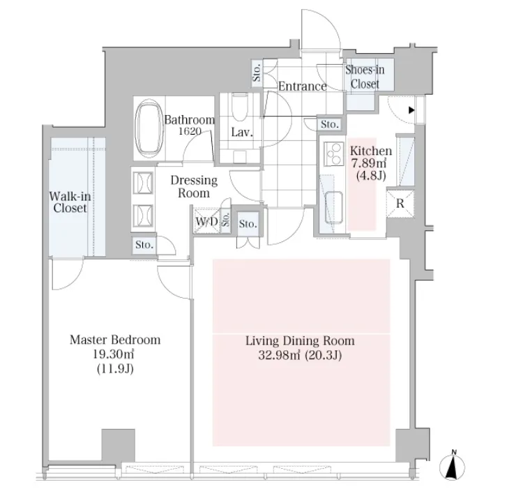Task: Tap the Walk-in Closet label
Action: tap(68, 202)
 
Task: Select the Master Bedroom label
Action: tap(115, 340)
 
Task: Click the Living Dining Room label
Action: tap(300, 341)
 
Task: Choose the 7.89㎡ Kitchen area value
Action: tap(370, 163)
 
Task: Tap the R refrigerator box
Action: tap(400, 204)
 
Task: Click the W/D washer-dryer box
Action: tap(206, 222)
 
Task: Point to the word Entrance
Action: tap(302, 86)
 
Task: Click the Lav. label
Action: tap(241, 133)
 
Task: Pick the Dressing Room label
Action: tap(194, 186)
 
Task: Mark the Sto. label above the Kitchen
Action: tap(330, 124)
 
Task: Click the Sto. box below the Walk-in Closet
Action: tap(145, 245)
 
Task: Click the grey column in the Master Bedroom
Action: tap(118, 443)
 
